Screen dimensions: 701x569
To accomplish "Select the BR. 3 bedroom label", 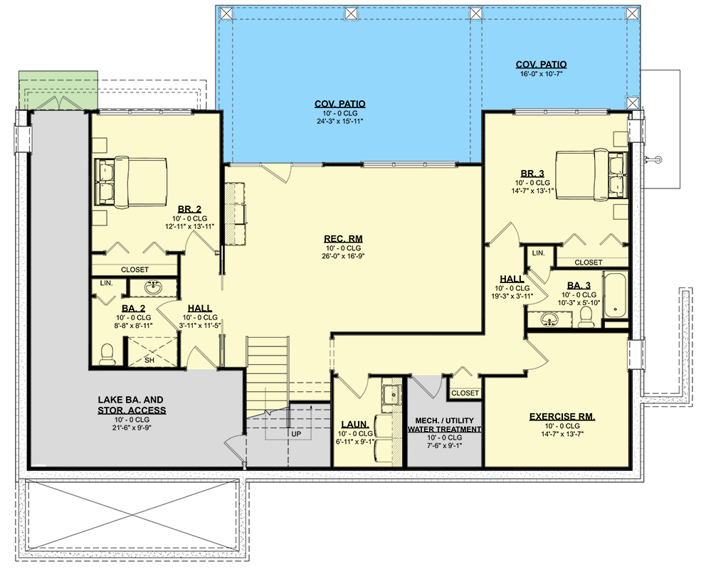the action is click(x=532, y=174).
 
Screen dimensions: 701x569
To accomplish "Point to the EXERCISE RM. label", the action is click(x=562, y=417).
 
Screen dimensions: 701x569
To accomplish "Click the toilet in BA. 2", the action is click(x=107, y=353).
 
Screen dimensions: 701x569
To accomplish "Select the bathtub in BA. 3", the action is click(x=615, y=294).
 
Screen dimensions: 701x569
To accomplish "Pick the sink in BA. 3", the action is click(x=549, y=319).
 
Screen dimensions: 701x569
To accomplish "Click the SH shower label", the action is click(x=149, y=360).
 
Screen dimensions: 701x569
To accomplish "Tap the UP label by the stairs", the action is click(x=296, y=434).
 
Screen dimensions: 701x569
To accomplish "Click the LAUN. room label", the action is click(x=355, y=425).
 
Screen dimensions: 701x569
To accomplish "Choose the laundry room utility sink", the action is click(x=391, y=393).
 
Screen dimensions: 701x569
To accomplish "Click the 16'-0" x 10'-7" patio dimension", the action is click(x=541, y=74).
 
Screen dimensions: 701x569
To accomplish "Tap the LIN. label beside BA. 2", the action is click(x=107, y=283).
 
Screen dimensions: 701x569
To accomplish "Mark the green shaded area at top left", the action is click(x=58, y=90).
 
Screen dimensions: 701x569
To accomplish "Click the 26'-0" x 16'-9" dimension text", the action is click(x=343, y=256).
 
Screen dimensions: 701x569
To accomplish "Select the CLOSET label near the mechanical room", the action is click(x=465, y=393).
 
